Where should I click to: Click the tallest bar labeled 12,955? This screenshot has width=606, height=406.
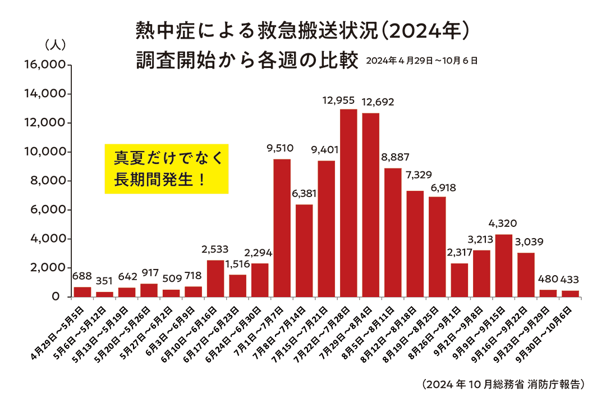tap(348, 202)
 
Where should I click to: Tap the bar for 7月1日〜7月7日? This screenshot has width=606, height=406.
tap(282, 227)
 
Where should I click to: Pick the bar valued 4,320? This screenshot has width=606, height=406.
tap(503, 265)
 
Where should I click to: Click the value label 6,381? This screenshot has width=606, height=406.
tap(304, 194)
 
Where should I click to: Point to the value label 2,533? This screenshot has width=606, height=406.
tap(215, 249)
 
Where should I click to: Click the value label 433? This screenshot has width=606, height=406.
tap(570, 279)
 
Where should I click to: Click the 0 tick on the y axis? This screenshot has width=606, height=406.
tap(56, 297)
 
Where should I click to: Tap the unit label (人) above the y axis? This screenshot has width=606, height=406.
tap(55, 44)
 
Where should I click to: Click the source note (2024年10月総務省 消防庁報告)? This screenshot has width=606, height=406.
tap(503, 385)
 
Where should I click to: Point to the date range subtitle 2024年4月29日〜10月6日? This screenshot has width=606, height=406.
tap(422, 61)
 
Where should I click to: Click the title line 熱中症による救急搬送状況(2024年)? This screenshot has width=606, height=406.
tap(302, 31)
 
